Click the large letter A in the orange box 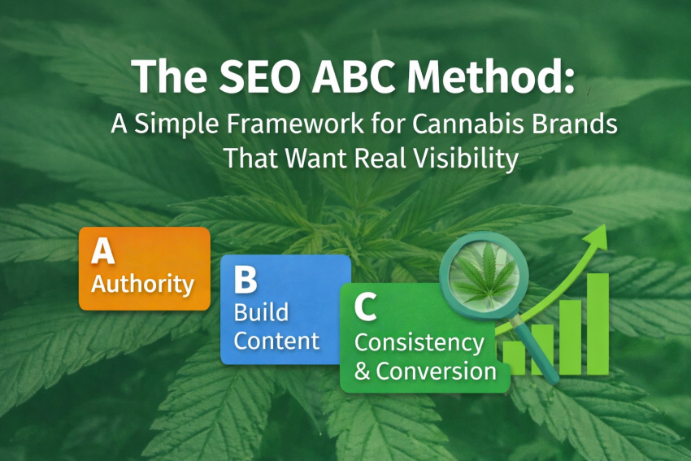[102, 252]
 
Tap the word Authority [142, 285]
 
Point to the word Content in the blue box [276, 340]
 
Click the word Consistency [419, 342]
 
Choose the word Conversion [436, 372]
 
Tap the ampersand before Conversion [363, 372]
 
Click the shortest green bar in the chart [515, 358]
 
